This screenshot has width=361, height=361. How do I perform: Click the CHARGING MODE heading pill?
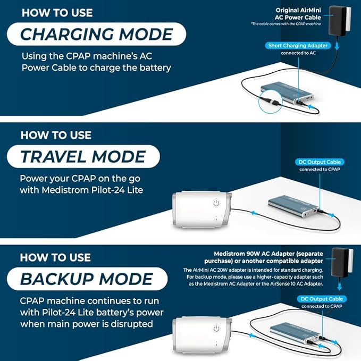coord(96,34)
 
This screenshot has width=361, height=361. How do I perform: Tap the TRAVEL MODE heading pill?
coord(83,156)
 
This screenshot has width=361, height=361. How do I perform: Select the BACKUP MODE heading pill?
coord(87,279)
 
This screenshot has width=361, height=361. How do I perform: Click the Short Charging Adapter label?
coord(298,46)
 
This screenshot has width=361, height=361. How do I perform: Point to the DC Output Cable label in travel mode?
coord(320,162)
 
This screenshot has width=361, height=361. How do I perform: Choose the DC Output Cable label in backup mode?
coord(322,299)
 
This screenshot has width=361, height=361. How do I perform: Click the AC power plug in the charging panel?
coord(340,21)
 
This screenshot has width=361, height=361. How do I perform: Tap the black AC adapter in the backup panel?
coord(342,262)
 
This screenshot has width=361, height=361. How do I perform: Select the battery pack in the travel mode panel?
coord(294,206)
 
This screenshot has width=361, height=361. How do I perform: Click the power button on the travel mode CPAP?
coord(216,203)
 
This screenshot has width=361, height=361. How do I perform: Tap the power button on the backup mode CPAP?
coord(216,329)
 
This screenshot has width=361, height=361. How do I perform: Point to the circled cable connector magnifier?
coord(270,102)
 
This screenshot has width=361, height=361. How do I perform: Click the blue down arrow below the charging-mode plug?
coord(337,46)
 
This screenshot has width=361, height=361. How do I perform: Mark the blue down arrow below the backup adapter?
coord(339,286)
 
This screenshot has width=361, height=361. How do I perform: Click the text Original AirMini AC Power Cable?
coord(298,14)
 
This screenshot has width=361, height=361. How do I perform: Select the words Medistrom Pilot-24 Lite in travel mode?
coord(93,190)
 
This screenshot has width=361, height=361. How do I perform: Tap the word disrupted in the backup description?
coord(132,324)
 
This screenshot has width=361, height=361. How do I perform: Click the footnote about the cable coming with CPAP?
coord(286,24)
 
